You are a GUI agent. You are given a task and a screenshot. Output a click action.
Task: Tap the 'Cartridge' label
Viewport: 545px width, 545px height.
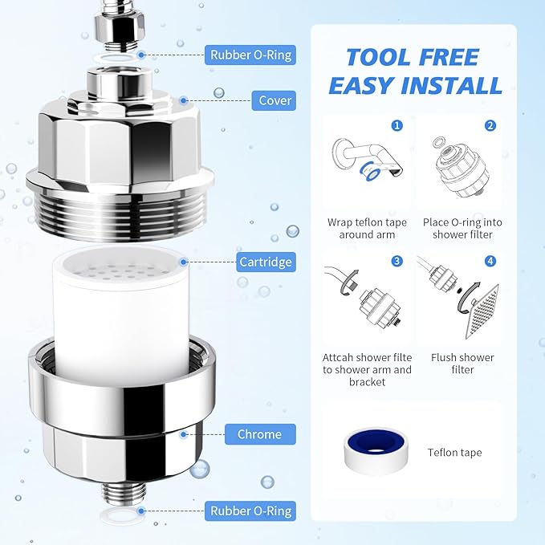tap(266, 262)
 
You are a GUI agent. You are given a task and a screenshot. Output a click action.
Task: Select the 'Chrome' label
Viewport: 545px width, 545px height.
tap(259, 434)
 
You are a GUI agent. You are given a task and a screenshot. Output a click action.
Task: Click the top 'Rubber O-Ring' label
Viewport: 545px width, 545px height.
tap(251, 55)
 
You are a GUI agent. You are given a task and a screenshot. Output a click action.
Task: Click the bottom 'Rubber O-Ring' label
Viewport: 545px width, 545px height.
tap(251, 510)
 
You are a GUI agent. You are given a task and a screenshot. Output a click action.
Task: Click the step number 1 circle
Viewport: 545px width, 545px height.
tap(396, 126)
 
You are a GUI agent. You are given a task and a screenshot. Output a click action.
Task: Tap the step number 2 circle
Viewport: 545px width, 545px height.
tap(490, 126)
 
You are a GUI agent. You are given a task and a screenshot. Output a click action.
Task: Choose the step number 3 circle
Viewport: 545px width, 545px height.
tap(396, 261)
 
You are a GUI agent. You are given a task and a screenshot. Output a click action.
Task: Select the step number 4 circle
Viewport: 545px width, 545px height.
tap(490, 261)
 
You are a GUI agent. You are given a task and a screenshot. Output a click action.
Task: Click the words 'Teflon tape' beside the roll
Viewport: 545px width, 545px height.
tap(454, 453)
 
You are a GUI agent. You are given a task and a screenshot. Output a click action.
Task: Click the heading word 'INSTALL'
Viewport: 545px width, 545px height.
tap(453, 84)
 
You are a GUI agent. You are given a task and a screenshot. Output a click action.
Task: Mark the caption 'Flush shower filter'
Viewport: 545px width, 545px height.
tap(462, 364)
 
